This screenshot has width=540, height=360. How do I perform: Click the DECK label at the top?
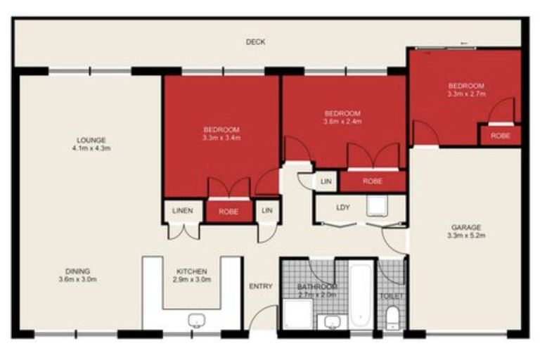[x=255, y=42]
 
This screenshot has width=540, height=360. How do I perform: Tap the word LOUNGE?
[x=91, y=139]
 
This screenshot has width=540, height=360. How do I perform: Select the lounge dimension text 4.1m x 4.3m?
[x=91, y=148]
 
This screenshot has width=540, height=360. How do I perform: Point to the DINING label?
[x=78, y=271]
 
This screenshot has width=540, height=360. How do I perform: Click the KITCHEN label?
[x=191, y=271]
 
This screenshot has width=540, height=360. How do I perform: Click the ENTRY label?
[x=260, y=286]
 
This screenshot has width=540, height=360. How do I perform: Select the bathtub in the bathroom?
[x=361, y=295]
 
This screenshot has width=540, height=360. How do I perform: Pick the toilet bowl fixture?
[x=392, y=318]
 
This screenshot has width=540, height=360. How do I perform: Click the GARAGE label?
[x=465, y=227]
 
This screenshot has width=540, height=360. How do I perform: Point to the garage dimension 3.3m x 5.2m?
[x=465, y=236]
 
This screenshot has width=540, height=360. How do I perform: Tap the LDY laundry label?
[x=343, y=207]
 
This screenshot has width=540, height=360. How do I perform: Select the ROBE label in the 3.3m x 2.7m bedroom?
[x=500, y=135]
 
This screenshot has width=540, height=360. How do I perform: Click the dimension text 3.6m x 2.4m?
[x=342, y=122]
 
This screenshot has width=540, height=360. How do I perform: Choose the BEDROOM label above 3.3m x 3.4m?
[x=221, y=129]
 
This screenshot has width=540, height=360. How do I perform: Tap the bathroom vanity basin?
[x=332, y=322]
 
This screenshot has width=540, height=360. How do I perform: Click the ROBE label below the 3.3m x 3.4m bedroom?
[x=229, y=211]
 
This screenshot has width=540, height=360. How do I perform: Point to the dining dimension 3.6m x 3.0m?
[x=78, y=280]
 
